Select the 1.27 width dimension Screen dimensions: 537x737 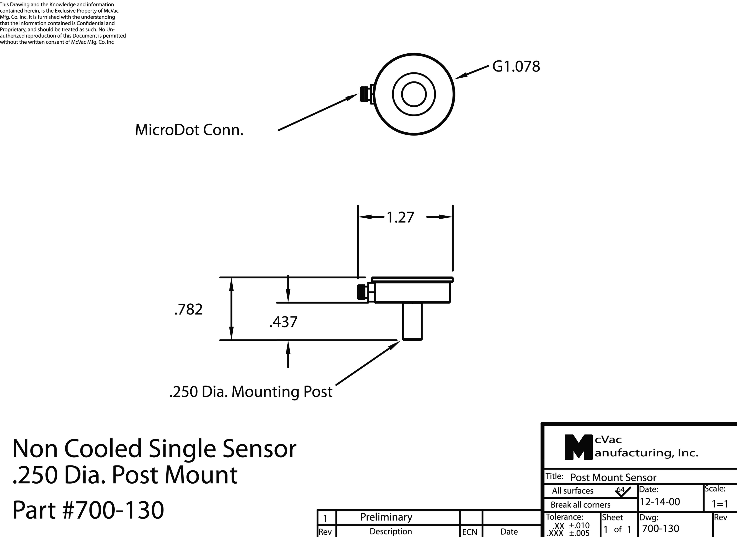tap(400, 217)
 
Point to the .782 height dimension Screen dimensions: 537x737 tap(188, 309)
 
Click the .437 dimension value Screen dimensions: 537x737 tap(283, 322)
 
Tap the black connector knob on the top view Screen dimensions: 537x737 tap(364, 94)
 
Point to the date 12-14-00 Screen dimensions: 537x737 tap(660, 502)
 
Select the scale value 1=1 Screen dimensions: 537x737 tap(720, 504)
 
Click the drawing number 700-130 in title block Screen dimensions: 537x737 tap(661, 529)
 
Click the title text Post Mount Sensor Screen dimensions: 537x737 tap(613, 478)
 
